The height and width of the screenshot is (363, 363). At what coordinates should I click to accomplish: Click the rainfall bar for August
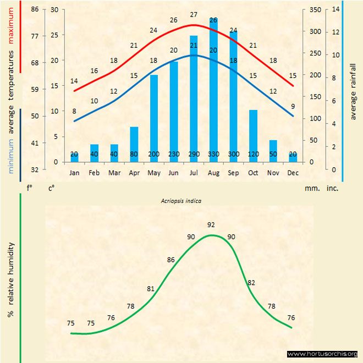[213, 88]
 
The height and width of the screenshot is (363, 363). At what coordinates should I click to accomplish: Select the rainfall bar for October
[254, 135]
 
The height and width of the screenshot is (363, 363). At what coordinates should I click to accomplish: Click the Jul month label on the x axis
[194, 173]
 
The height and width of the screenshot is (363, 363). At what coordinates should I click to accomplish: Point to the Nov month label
[273, 173]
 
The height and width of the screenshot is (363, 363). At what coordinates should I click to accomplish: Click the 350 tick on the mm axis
[314, 10]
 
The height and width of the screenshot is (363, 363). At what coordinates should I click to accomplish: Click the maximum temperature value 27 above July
[194, 14]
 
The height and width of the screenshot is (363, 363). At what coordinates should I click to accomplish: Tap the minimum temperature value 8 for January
[74, 111]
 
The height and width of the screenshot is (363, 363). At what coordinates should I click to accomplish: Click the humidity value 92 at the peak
[211, 224]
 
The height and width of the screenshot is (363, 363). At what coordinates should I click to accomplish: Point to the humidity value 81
[151, 288]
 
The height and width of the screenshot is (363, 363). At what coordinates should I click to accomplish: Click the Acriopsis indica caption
[179, 201]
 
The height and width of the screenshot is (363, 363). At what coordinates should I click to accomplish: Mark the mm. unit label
[312, 188]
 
